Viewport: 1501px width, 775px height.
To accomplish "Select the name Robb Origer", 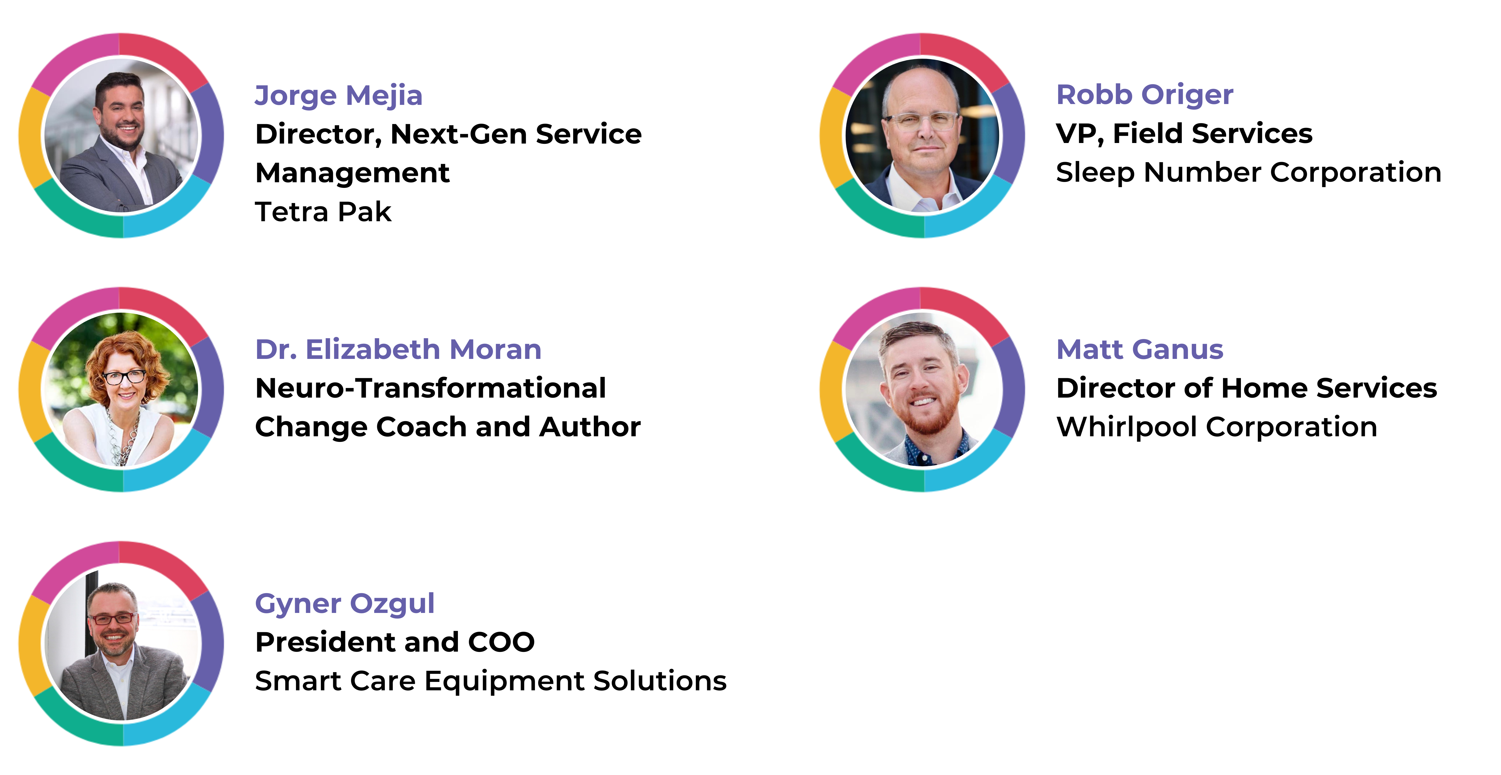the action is click(1145, 94).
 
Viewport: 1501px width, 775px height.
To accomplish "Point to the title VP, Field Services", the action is click(1184, 133).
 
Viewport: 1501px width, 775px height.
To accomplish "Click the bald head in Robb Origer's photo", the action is click(921, 87).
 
